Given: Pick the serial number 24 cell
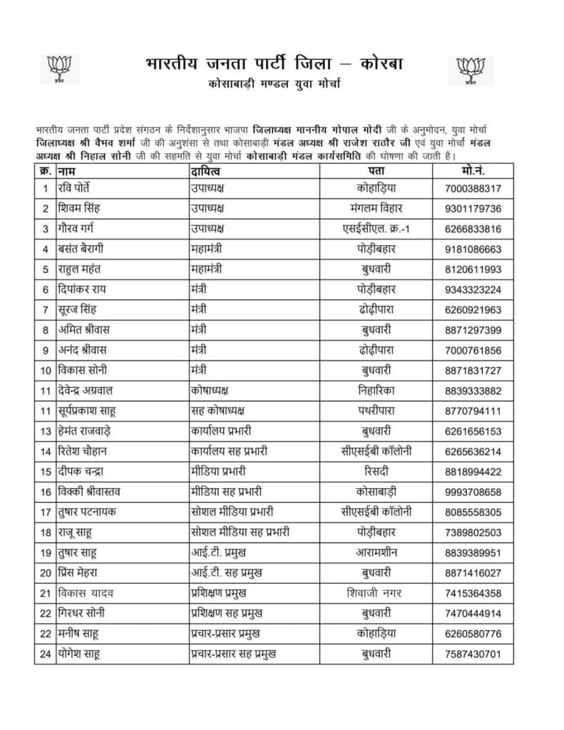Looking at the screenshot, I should click(45, 653).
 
